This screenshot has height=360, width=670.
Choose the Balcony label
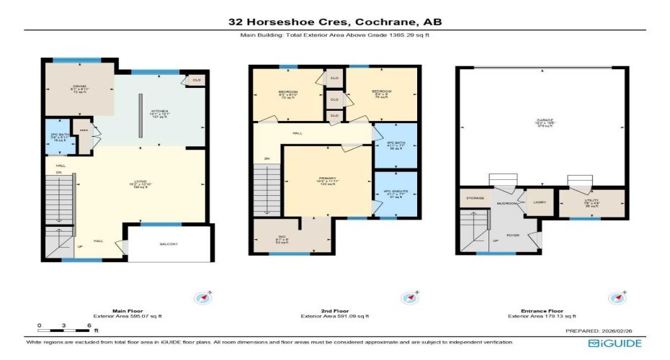(169, 244)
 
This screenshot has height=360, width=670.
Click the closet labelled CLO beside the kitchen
(195, 81)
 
